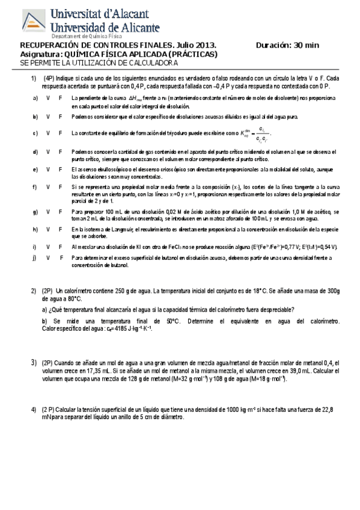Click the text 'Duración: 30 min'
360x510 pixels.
pyautogui.click(x=287, y=45)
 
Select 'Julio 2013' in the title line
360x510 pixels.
pyautogui.click(x=195, y=45)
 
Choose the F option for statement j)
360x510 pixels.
pyautogui.click(x=61, y=257)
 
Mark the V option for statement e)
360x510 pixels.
pyautogui.click(x=48, y=170)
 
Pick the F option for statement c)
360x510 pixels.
pyautogui.click(x=61, y=133)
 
